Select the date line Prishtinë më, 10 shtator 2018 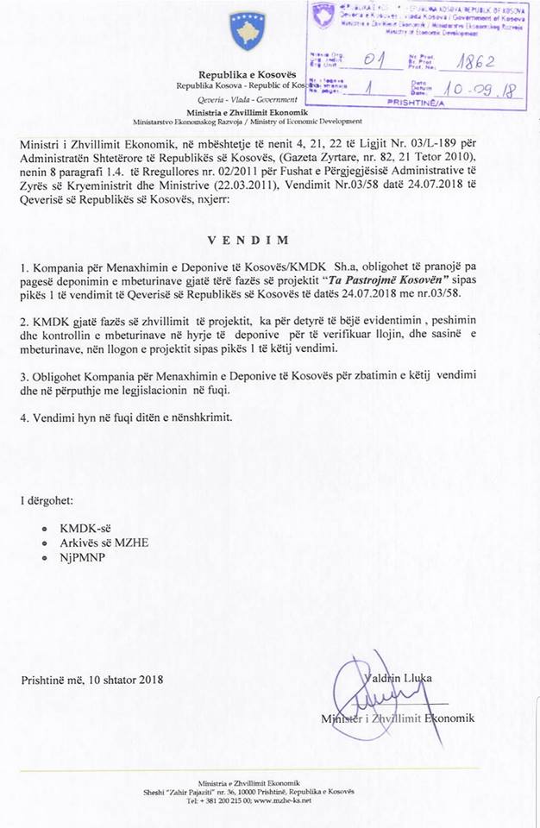click(x=93, y=680)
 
